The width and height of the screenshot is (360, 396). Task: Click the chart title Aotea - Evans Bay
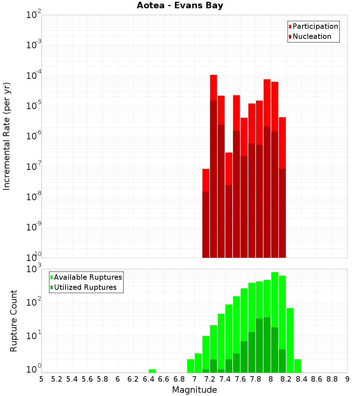(x=180, y=6)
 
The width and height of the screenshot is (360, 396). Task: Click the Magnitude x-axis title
(x=194, y=390)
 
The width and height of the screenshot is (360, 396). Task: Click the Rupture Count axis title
(x=14, y=321)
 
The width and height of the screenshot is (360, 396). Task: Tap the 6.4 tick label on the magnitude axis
(x=148, y=379)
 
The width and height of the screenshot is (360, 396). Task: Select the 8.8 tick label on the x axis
(x=332, y=379)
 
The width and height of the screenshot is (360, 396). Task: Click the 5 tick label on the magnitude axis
(x=41, y=379)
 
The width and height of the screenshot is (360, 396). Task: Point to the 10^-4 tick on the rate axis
(x=33, y=76)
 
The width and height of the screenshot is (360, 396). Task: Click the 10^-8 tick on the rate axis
(x=33, y=197)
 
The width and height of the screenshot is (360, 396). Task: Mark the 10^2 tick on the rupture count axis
(x=33, y=302)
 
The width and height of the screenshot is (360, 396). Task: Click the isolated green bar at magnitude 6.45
(x=152, y=371)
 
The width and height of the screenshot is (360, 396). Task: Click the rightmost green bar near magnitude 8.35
(x=298, y=366)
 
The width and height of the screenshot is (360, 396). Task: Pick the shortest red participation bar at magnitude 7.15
(x=206, y=180)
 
